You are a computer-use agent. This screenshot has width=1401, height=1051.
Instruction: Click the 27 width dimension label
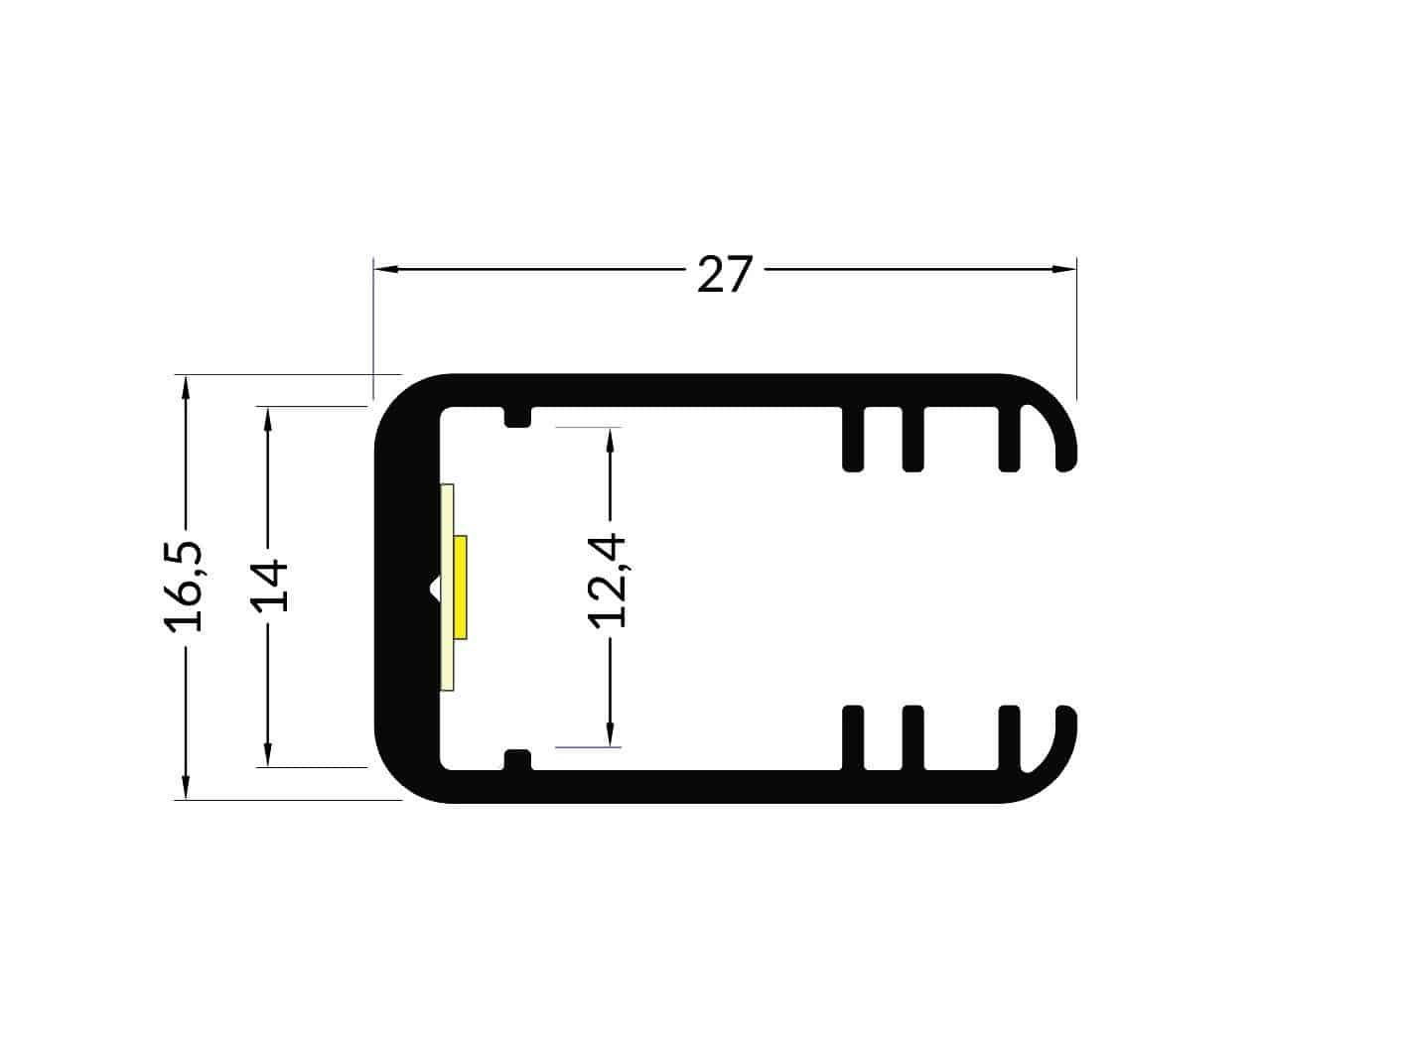[725, 274]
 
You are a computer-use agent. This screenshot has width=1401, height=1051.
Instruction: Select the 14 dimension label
[269, 587]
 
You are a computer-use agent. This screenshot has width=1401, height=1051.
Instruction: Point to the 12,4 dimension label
[607, 581]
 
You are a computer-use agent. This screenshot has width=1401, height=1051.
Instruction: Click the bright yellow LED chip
[460, 587]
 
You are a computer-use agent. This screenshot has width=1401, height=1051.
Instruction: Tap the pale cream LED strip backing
[447, 587]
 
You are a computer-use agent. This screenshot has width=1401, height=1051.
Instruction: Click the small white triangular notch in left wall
[434, 588]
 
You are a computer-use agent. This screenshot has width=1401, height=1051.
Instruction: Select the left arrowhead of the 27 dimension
[386, 269]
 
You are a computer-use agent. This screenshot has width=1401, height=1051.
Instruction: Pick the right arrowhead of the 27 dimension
[1063, 269]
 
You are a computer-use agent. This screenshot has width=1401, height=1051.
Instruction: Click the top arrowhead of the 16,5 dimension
[186, 388]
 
